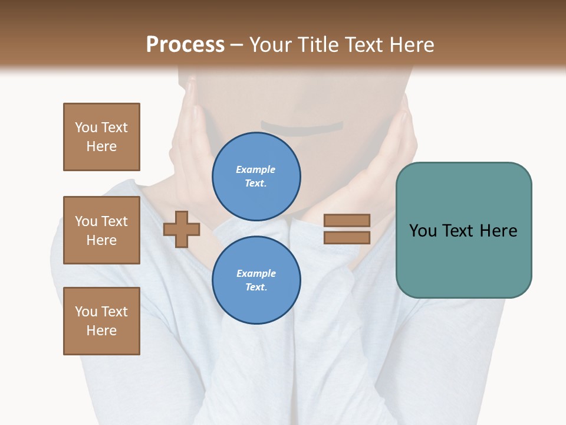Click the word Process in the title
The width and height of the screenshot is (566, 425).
(x=185, y=45)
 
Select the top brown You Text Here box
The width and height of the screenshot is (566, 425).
(x=101, y=137)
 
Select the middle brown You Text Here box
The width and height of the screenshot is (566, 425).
(x=101, y=230)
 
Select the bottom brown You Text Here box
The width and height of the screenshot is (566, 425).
(x=101, y=321)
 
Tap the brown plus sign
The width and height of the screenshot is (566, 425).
(x=182, y=229)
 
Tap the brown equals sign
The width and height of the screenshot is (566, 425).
(x=347, y=229)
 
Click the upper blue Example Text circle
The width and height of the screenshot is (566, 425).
(x=256, y=176)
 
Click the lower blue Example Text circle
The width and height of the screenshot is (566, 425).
(x=256, y=280)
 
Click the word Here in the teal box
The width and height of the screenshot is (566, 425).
(x=499, y=231)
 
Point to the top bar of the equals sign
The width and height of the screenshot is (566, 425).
(x=347, y=221)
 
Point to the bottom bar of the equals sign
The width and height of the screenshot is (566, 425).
(x=347, y=237)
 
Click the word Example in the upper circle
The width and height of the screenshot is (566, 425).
(x=256, y=169)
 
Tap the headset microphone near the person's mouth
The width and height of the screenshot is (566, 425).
(x=302, y=127)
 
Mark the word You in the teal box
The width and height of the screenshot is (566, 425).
(x=423, y=231)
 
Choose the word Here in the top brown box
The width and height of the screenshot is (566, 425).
(x=101, y=146)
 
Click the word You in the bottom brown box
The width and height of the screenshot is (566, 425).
(x=86, y=312)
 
